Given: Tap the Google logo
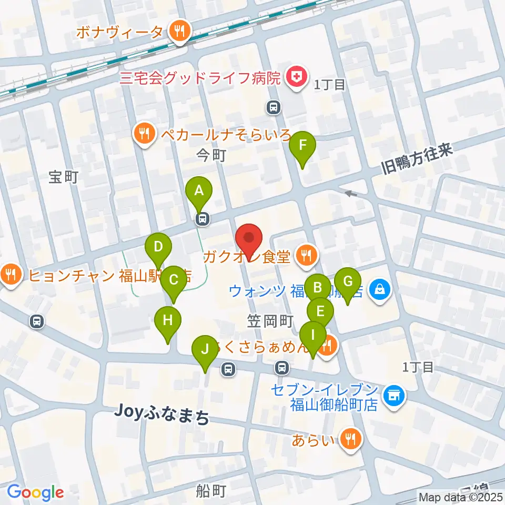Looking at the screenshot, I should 35,492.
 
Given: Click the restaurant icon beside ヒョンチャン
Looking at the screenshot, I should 11,274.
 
